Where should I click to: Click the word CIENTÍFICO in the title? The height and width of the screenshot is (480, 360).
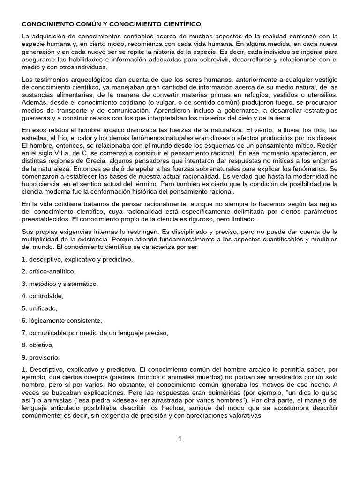pyautogui.click(x=178, y=23)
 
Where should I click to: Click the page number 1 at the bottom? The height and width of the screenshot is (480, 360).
pyautogui.click(x=180, y=438)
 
